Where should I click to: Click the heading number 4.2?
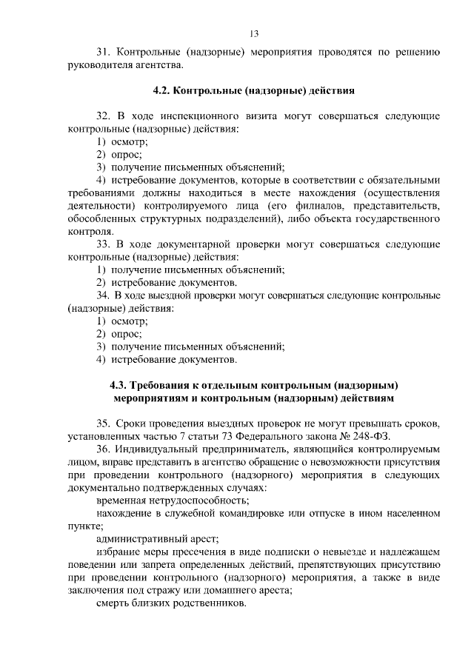[161, 92]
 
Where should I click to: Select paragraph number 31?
[104, 53]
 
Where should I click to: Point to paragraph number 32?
[104, 117]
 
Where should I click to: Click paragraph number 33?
[104, 244]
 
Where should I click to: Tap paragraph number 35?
[104, 423]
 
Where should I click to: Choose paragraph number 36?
[104, 449]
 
